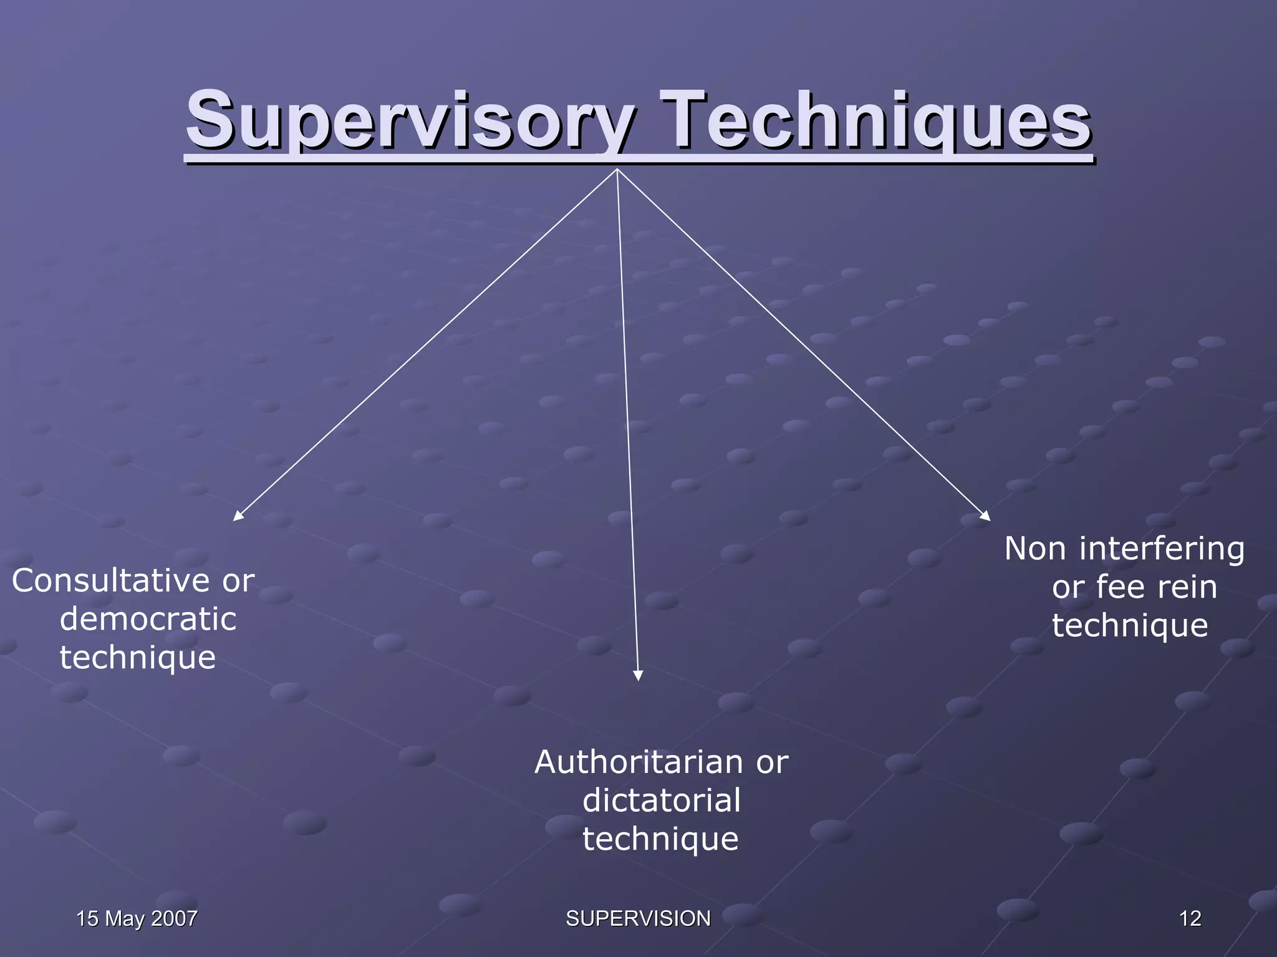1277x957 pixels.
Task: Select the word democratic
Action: tap(148, 619)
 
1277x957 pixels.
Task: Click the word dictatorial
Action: tap(662, 800)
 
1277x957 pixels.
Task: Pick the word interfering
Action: tap(1162, 549)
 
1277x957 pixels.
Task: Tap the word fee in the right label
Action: tap(1120, 587)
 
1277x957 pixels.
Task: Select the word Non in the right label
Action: tap(1035, 549)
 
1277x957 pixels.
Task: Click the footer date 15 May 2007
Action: tap(137, 918)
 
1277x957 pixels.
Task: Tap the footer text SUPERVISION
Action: tap(638, 918)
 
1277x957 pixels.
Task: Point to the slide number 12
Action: tap(1190, 918)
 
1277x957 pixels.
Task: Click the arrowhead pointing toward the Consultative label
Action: tap(237, 517)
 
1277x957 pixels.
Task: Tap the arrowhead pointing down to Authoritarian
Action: tap(638, 676)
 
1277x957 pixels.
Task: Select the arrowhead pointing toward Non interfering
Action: tap(986, 516)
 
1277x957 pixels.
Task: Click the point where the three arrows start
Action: tap(617, 169)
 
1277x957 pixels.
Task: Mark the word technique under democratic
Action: tap(138, 658)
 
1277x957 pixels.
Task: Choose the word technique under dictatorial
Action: tap(660, 839)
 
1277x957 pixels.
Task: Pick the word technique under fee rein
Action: tap(1130, 626)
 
